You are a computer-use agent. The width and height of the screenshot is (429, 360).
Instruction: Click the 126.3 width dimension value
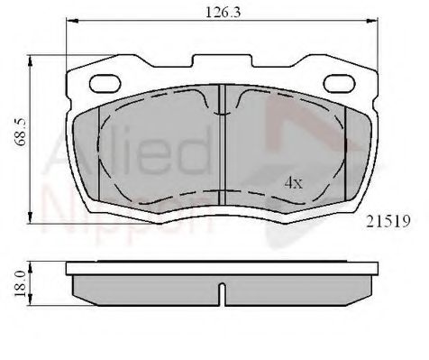tap(223, 13)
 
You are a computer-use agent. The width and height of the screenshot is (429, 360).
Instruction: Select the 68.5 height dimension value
tap(22, 132)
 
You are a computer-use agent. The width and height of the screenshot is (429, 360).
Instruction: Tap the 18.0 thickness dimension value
tap(21, 283)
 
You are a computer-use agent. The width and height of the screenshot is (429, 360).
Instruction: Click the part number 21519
tap(388, 222)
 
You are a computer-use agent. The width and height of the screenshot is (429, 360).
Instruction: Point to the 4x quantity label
tap(294, 182)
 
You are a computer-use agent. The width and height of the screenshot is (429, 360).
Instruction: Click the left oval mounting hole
tap(105, 83)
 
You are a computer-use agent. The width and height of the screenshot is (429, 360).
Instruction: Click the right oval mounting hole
tap(340, 83)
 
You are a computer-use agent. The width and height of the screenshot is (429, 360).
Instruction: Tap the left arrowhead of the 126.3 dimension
tap(72, 21)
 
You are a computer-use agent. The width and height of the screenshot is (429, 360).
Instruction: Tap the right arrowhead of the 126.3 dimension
tap(371, 21)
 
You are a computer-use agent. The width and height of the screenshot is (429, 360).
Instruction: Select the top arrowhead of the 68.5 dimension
tap(30, 62)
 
